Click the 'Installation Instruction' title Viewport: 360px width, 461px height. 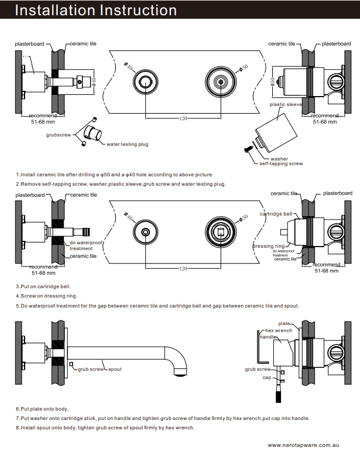(x=95, y=11)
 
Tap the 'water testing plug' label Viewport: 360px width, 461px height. (x=126, y=144)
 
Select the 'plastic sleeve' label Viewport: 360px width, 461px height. (x=285, y=104)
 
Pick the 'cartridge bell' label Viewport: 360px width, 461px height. (x=276, y=214)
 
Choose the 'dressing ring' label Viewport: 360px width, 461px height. (x=269, y=247)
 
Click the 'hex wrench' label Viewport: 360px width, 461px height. (x=279, y=331)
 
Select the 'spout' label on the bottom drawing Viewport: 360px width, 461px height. (x=115, y=369)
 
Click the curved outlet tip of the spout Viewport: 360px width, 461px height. (x=181, y=371)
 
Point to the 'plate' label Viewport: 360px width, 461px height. (x=284, y=323)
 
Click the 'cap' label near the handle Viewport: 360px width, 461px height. (x=266, y=378)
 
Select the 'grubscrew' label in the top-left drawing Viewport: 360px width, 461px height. (x=58, y=134)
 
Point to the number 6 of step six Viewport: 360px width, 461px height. (x=18, y=408)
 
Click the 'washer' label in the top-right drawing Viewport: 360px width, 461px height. (x=279, y=158)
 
